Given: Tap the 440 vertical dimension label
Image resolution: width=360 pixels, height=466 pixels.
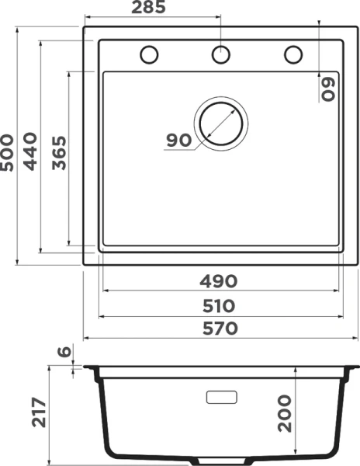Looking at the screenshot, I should tap(31, 151).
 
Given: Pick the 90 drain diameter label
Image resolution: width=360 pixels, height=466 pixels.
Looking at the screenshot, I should tap(178, 141).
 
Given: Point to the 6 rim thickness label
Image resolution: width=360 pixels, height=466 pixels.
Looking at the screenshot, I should tap(64, 352).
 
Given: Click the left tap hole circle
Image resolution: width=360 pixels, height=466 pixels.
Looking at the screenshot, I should tap(149, 54).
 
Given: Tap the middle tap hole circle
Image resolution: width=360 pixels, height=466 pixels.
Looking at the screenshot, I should tap(220, 54).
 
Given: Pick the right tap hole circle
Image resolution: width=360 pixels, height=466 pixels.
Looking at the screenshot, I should tap(292, 54).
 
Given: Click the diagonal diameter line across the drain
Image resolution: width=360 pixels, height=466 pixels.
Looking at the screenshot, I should tap(217, 127).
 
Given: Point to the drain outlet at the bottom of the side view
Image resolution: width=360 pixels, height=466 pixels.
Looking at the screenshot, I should tap(220, 459).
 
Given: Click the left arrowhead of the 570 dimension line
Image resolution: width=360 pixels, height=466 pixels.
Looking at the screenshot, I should tap(87, 339).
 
